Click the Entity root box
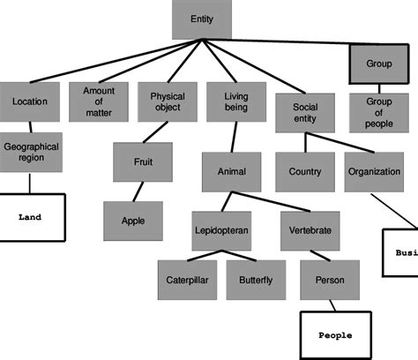click(201, 19)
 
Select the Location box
click(30, 101)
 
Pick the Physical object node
click(167, 101)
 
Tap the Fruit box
click(142, 161)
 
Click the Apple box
click(133, 221)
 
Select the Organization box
click(373, 171)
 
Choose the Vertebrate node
click(310, 229)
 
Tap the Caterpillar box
click(187, 280)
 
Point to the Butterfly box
click(255, 280)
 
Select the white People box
click(334, 335)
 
